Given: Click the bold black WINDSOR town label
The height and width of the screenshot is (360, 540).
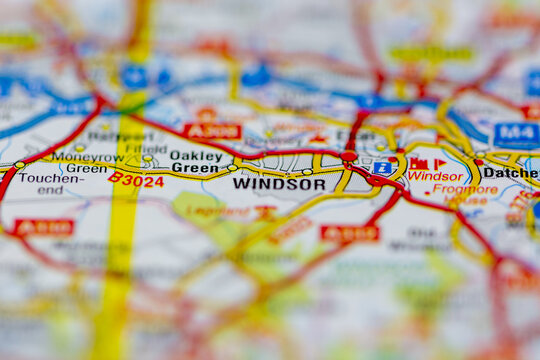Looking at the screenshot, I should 279,184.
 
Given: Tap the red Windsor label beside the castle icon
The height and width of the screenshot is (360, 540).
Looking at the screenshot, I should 435,176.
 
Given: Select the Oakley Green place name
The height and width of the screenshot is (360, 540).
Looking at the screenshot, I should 196,162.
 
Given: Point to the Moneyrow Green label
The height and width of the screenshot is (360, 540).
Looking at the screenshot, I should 88,163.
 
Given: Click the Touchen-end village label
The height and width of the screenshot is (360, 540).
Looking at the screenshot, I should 46,183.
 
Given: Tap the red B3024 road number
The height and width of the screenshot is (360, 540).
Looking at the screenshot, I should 136,180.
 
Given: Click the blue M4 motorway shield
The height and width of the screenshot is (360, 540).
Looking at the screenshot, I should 516,134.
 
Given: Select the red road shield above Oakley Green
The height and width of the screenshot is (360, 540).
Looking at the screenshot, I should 212,131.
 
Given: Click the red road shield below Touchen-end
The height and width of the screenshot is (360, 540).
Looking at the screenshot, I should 44,227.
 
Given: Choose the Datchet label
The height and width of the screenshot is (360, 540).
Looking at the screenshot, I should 510,172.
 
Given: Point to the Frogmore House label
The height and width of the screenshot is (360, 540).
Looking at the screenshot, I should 465,194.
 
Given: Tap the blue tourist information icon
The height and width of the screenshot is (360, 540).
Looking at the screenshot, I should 383,168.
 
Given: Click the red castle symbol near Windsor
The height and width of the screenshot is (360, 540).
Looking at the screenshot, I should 418,162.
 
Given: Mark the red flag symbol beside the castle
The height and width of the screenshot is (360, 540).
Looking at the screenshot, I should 439,162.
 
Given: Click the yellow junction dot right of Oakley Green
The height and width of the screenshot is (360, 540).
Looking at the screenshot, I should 232,167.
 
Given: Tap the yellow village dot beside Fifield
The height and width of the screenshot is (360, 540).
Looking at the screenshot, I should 147,158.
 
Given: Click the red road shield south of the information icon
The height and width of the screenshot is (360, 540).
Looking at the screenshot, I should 350,233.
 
